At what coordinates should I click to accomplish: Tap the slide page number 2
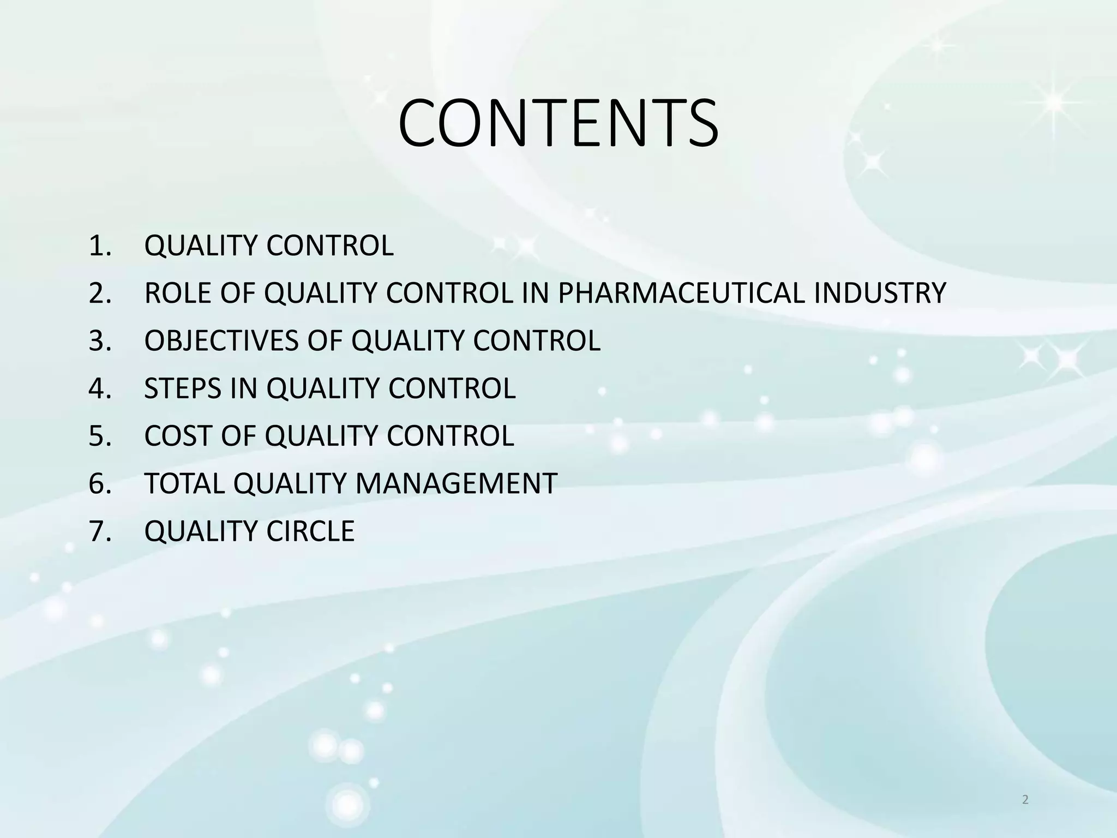(1025, 800)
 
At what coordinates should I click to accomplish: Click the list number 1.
(99, 246)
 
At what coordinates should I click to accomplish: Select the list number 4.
(99, 388)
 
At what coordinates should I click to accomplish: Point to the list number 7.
(99, 531)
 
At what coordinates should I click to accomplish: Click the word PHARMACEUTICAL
(681, 293)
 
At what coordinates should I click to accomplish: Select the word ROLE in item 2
(178, 293)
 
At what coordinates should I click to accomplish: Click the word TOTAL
(184, 483)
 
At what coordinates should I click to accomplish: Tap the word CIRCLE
(310, 531)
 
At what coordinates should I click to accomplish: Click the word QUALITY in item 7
(201, 531)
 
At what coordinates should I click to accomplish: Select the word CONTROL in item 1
(330, 246)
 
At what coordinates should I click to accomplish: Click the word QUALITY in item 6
(290, 483)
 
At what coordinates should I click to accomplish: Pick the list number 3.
(99, 340)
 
